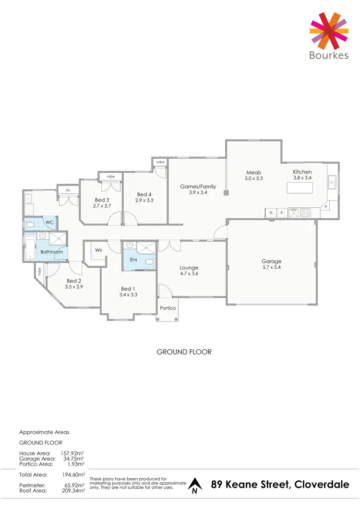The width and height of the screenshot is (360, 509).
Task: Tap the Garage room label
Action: (x=272, y=261)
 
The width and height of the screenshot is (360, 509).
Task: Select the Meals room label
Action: (x=253, y=173)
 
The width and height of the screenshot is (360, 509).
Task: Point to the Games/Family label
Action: (x=198, y=187)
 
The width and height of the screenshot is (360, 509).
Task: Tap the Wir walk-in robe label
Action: (x=99, y=250)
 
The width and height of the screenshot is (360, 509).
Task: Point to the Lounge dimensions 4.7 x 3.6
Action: (x=189, y=273)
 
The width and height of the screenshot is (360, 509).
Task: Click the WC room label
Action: (x=49, y=223)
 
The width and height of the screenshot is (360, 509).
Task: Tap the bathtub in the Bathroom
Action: (x=30, y=248)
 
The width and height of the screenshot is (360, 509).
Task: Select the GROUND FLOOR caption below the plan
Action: (x=184, y=352)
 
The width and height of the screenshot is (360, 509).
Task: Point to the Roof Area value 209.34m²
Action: (x=74, y=491)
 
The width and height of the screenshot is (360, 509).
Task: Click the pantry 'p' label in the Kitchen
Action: (x=326, y=206)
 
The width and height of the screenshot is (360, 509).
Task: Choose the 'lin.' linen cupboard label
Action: (x=69, y=190)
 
